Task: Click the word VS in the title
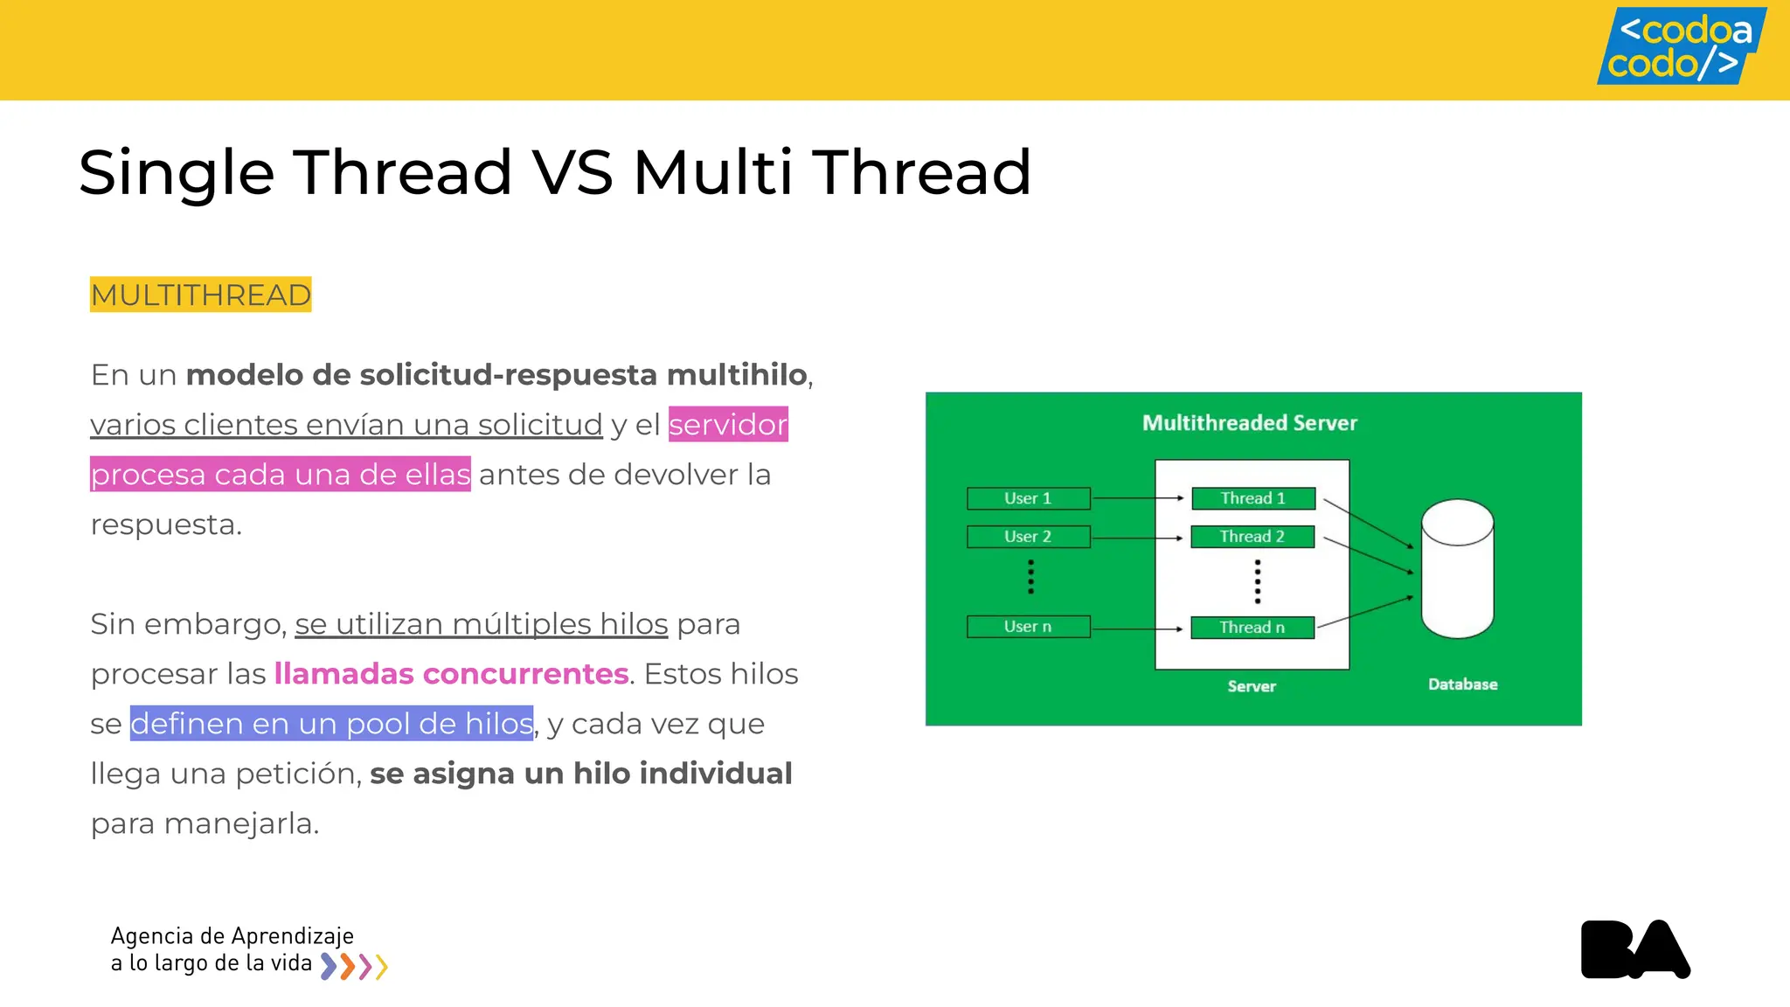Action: coord(572,172)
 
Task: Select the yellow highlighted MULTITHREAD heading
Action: coord(200,295)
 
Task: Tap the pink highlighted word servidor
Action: coord(728,425)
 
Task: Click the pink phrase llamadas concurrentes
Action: coord(451,674)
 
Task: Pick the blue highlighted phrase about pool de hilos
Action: coord(331,724)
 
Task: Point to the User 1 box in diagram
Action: coord(1028,498)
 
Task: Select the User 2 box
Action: coord(1028,537)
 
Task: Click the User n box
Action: coord(1028,627)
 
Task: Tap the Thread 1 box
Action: coord(1252,498)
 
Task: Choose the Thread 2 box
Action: coord(1252,537)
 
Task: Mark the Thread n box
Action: coord(1252,628)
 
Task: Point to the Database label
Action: coord(1462,684)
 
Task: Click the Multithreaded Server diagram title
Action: coord(1249,423)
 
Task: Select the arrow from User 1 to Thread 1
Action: coord(1136,498)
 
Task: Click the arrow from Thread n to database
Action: coord(1365,612)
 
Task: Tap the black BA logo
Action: coord(1634,949)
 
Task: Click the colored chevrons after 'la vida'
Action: coord(354,966)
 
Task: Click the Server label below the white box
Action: coord(1252,686)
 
